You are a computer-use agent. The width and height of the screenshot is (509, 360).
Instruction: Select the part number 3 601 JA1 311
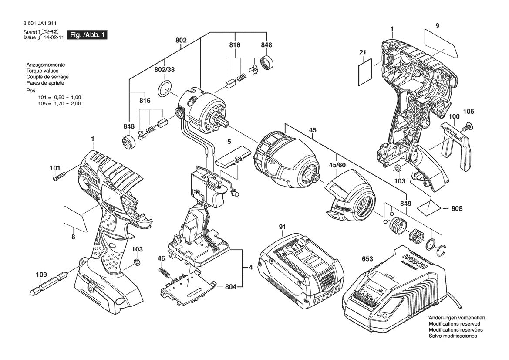pos(39,24)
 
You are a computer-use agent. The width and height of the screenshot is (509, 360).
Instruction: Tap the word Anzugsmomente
pos(46,65)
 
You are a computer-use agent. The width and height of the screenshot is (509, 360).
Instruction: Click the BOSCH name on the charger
pos(407,258)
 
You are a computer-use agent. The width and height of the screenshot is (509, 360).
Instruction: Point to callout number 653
pos(367,259)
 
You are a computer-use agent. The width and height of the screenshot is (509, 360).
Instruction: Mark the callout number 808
pos(457,209)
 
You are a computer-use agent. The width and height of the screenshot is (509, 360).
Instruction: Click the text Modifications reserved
pos(454,324)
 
